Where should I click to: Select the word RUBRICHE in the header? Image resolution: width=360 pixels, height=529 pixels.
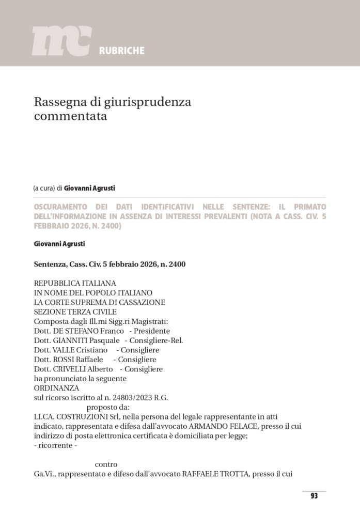(x=121, y=51)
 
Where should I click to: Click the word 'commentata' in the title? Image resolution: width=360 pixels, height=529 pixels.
(x=70, y=116)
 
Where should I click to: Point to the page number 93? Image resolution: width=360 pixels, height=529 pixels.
(x=314, y=496)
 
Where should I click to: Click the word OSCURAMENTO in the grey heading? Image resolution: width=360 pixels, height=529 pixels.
(x=63, y=207)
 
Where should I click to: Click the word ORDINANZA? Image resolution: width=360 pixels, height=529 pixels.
(x=56, y=388)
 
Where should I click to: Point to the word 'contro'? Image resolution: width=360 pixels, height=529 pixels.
(x=106, y=464)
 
